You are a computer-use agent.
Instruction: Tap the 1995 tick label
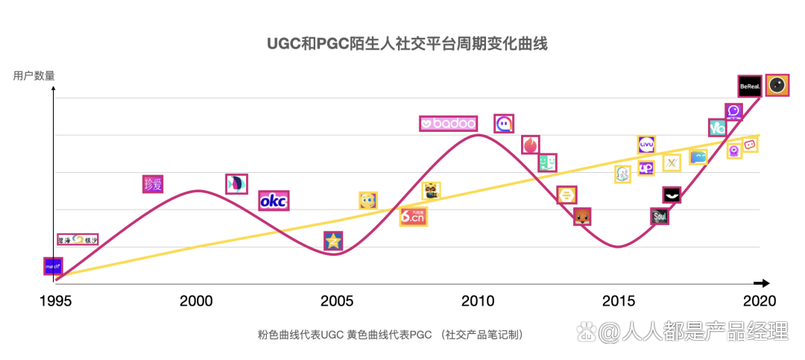point(54,301)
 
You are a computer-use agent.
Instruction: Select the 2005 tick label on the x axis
point(337,301)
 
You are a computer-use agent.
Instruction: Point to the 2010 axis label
point(478,301)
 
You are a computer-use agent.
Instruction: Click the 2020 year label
point(760,301)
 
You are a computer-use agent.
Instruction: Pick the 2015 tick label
point(619,301)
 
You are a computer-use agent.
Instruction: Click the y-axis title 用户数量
point(34,75)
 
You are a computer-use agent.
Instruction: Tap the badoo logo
point(448,124)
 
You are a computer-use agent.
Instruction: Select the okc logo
point(274,200)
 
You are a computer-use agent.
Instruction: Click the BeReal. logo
point(750,86)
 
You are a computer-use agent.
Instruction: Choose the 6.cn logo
point(413,216)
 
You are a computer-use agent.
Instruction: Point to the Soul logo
point(660,216)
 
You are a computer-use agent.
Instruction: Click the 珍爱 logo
point(153,184)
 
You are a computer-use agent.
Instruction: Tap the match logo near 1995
point(53,265)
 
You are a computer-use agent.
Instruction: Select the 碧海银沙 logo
point(78,239)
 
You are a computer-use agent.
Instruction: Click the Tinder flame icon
point(531,145)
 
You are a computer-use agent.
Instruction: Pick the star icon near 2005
point(333,241)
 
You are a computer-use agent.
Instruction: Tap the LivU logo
point(646,145)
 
